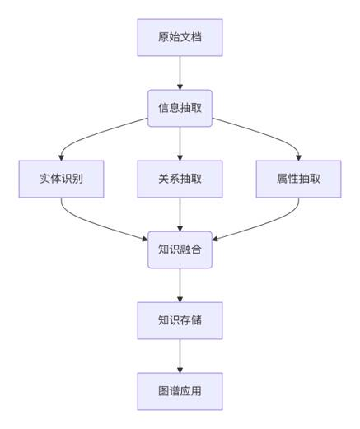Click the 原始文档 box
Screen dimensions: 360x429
[180, 37]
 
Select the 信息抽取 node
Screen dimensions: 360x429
[180, 108]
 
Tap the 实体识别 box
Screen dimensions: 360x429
[61, 179]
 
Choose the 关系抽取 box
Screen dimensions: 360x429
[180, 179]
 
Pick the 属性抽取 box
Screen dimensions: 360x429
[298, 179]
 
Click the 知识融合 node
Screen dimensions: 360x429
[180, 249]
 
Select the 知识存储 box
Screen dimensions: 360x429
[180, 320]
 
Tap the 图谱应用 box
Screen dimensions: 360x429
[180, 391]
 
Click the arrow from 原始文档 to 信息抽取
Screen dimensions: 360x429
[180, 73]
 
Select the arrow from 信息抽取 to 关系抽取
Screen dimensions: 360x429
[180, 143]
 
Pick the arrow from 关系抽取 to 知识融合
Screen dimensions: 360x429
[180, 214]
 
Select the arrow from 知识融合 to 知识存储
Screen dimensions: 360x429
[180, 285]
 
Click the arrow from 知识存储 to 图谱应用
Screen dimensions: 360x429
[180, 356]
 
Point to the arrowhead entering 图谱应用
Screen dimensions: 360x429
[180, 371]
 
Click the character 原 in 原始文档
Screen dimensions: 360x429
[163, 37]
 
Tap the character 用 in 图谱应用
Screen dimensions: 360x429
[196, 391]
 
